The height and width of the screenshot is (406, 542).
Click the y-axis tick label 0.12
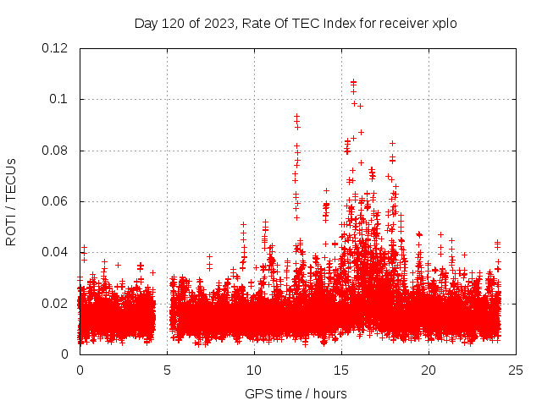click(x=55, y=48)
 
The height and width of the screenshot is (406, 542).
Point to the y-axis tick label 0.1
click(x=58, y=99)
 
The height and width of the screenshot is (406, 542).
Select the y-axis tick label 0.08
click(x=55, y=151)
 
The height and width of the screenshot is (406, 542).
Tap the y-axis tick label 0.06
click(x=55, y=201)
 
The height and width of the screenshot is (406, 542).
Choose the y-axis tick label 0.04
click(x=55, y=252)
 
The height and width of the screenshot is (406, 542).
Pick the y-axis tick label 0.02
click(x=55, y=303)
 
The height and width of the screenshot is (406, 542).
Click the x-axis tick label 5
click(x=167, y=370)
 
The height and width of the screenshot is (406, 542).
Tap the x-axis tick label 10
click(x=254, y=370)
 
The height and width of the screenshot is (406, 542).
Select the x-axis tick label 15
click(x=341, y=370)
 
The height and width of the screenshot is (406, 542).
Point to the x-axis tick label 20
click(x=429, y=370)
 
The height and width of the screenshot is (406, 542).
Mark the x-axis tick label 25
click(x=516, y=370)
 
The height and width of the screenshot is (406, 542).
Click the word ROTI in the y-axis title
click(x=11, y=229)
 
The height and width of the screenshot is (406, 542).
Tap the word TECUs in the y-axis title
click(x=11, y=178)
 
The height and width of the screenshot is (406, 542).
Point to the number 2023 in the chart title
click(x=217, y=23)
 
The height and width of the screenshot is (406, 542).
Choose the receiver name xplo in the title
click(x=444, y=23)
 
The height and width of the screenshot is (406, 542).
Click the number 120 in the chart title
click(x=174, y=23)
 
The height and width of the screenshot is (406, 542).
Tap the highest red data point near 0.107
click(x=353, y=81)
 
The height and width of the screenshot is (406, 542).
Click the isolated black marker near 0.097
click(x=360, y=106)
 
